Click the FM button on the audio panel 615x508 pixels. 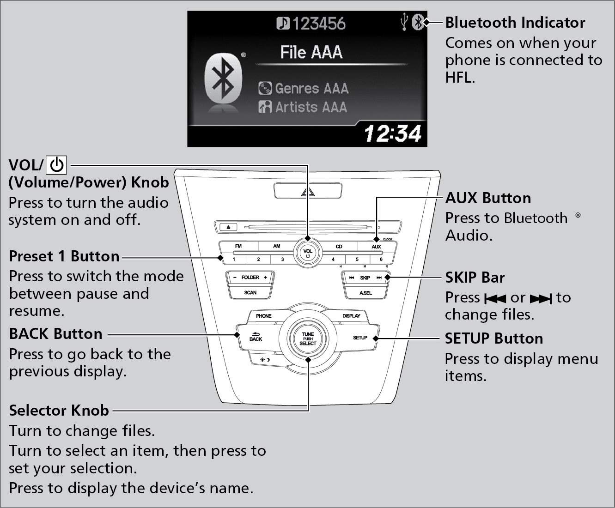click(238, 246)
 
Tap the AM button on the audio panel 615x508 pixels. click(276, 246)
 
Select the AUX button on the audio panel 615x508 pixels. click(376, 247)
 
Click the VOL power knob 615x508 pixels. click(308, 253)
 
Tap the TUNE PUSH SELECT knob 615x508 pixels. click(308, 339)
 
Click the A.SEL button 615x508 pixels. click(365, 293)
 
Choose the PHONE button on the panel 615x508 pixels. click(263, 316)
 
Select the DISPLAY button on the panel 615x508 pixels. click(351, 316)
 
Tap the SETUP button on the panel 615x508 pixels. click(360, 338)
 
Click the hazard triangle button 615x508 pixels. click(308, 191)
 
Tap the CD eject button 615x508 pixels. click(229, 227)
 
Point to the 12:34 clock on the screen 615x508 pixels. click(392, 133)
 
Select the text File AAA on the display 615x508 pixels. click(311, 52)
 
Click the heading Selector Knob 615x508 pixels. click(59, 411)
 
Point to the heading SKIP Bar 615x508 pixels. click(475, 278)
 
